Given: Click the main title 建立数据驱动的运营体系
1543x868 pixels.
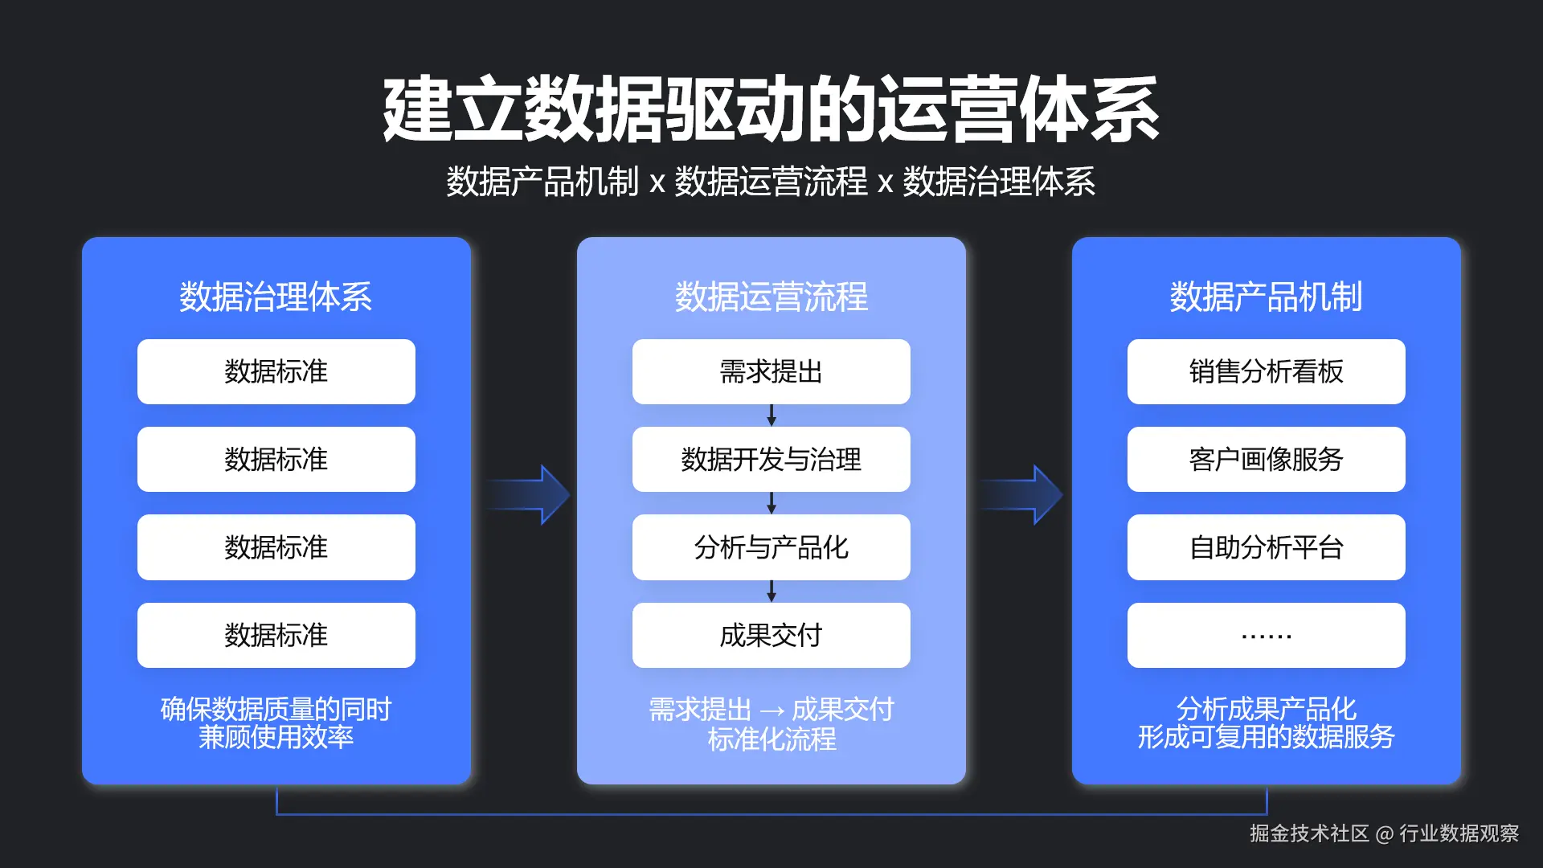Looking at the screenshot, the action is click(x=771, y=110).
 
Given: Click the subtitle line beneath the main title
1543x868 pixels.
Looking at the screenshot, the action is click(x=771, y=182).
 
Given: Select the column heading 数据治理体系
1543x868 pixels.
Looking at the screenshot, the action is click(x=276, y=297).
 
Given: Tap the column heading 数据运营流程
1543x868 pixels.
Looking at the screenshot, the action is click(x=771, y=297).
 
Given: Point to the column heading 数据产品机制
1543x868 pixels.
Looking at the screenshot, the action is click(x=1266, y=297).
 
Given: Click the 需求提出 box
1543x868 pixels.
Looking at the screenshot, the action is click(x=771, y=371).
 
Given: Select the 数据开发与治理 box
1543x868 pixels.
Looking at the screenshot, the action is click(x=771, y=459).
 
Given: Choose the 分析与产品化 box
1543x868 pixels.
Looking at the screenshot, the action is click(x=771, y=547).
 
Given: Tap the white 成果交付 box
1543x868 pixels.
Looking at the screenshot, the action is click(x=771, y=635).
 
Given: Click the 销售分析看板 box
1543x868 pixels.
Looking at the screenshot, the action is click(x=1266, y=371).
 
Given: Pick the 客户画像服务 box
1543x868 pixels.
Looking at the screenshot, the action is click(x=1266, y=459).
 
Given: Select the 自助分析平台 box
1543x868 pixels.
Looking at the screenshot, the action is click(x=1266, y=547).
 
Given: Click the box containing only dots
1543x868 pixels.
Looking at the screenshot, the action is click(x=1266, y=635).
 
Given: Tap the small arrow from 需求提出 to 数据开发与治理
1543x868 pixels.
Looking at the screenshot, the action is click(x=771, y=416).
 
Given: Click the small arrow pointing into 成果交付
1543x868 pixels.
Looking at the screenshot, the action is click(x=771, y=592).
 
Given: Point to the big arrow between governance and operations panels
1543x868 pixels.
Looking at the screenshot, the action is click(x=528, y=494).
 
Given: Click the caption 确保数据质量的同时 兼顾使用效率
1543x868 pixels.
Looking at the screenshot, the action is click(x=276, y=723).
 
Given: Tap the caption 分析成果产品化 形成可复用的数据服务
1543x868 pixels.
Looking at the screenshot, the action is click(x=1266, y=723).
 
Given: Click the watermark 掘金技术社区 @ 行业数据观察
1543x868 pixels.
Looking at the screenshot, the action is click(x=1384, y=833).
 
